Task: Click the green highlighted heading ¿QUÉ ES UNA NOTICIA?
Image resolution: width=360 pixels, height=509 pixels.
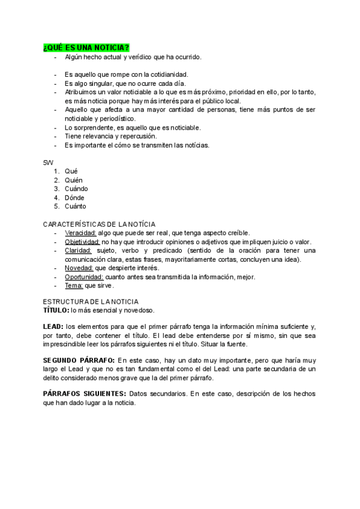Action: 86,47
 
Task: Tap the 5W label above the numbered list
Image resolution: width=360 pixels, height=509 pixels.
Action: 48,162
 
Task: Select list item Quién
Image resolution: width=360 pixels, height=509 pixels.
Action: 74,180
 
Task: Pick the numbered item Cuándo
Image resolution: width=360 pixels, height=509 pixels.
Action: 76,188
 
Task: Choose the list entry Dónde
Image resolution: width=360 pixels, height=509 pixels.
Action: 74,197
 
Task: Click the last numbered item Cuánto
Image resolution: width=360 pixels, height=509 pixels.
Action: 75,206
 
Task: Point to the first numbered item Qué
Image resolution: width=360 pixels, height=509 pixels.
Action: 71,171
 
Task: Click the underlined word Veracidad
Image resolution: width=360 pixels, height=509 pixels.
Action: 80,233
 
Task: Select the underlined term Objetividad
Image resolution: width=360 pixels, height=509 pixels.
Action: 82,241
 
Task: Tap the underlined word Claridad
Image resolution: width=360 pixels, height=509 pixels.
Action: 78,250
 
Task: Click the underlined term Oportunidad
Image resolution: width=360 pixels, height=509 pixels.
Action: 84,277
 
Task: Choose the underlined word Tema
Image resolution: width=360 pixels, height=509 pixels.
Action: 74,286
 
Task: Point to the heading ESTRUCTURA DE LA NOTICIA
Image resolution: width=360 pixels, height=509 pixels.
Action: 91,301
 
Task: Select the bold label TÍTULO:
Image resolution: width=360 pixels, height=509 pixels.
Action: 56,310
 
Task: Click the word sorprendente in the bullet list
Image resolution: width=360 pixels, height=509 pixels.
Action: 91,127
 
